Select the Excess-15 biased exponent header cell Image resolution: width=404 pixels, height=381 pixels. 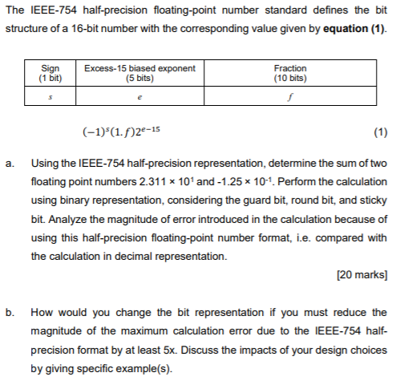(x=140, y=74)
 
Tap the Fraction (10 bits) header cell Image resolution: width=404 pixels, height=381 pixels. (x=289, y=74)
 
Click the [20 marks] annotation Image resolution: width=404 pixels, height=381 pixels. (x=362, y=275)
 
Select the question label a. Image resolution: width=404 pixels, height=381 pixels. (x=10, y=164)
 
